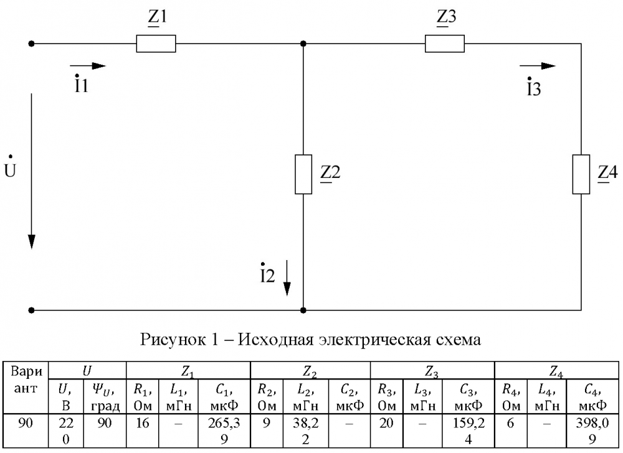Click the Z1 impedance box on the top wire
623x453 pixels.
point(156,44)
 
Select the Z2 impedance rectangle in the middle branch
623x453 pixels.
point(303,174)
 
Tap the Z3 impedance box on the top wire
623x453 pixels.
point(445,44)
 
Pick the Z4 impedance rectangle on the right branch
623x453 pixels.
point(581,174)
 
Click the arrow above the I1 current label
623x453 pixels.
point(88,66)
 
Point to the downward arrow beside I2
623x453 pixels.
point(287,278)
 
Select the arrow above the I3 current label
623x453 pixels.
point(538,66)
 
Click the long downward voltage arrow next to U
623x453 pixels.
point(31,171)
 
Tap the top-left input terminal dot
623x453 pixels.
point(31,44)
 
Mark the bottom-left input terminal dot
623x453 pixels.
point(31,311)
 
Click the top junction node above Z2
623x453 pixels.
point(303,44)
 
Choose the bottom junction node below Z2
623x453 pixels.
point(303,311)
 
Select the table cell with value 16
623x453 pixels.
point(142,431)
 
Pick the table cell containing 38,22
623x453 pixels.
point(305,431)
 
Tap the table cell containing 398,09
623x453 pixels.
point(592,431)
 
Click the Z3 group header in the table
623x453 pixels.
point(432,371)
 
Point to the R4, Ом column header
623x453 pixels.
point(511,396)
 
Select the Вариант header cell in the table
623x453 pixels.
point(26,380)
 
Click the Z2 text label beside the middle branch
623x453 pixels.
point(331,173)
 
